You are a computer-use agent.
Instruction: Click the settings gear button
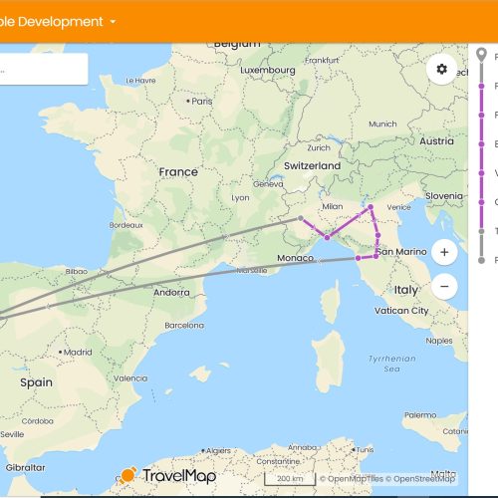[x=441, y=69]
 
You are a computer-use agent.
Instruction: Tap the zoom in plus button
[x=443, y=251]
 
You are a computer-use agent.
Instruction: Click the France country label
[x=178, y=171]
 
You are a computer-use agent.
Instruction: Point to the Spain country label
[x=36, y=382]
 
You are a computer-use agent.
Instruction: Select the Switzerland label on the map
[x=312, y=165]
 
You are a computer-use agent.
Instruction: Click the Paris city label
[x=202, y=102]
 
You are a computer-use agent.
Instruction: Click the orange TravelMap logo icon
[x=127, y=476]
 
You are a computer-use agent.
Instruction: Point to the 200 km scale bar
[x=289, y=479]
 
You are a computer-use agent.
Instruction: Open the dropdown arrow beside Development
[x=114, y=21]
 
